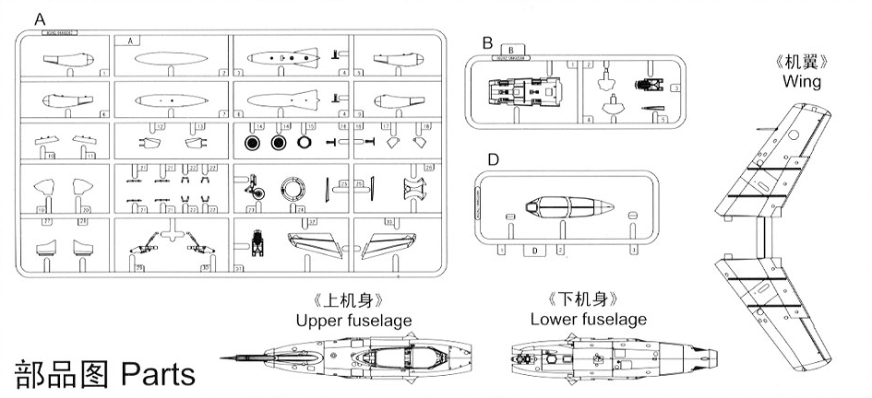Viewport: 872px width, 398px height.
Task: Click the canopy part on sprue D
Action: tap(563, 207)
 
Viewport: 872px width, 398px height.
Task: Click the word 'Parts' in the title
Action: tap(158, 374)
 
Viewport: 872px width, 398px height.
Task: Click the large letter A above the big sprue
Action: tap(38, 18)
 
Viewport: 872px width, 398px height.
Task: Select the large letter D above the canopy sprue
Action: tap(493, 159)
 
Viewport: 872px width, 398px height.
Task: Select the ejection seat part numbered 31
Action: tap(257, 245)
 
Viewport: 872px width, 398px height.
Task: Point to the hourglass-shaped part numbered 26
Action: tap(417, 190)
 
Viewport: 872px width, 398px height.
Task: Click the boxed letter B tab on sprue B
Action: tap(509, 51)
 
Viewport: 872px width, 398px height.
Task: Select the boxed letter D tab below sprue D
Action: tap(532, 250)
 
